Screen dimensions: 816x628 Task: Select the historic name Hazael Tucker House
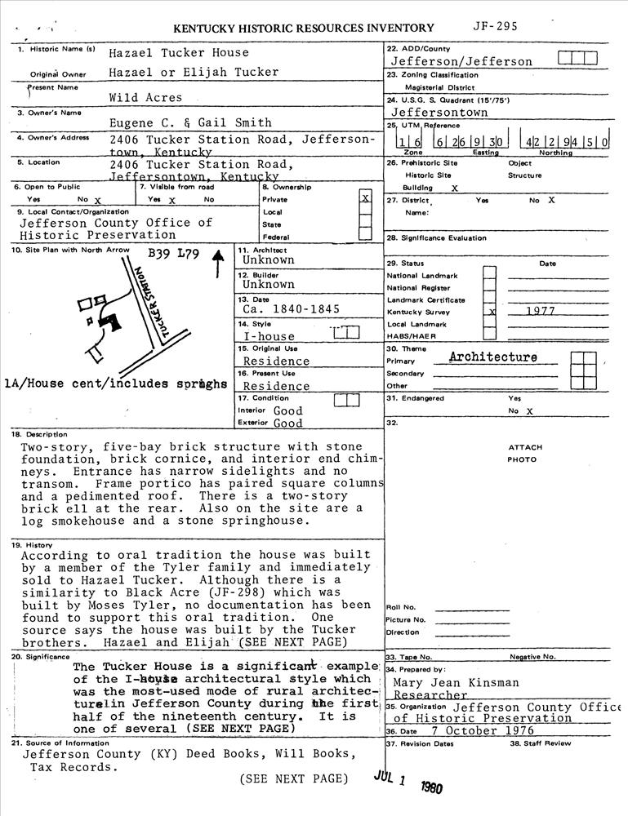[x=179, y=53]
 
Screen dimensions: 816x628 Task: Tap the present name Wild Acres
[x=146, y=97]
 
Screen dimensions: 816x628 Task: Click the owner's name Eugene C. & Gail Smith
[x=190, y=122]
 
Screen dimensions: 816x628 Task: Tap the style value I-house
[x=269, y=335]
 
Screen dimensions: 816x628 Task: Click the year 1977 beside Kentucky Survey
[x=540, y=312]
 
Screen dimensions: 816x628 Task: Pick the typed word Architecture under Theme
[x=493, y=357]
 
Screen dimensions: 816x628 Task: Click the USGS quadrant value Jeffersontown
[x=439, y=112]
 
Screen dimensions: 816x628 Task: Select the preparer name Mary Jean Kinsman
[x=456, y=682]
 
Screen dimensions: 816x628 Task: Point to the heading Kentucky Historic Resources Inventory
[x=304, y=29]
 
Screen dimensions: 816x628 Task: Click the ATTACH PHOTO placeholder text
[x=524, y=453]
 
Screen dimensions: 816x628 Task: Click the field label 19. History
[x=34, y=544]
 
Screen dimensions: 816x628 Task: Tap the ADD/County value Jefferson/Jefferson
[x=461, y=61]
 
